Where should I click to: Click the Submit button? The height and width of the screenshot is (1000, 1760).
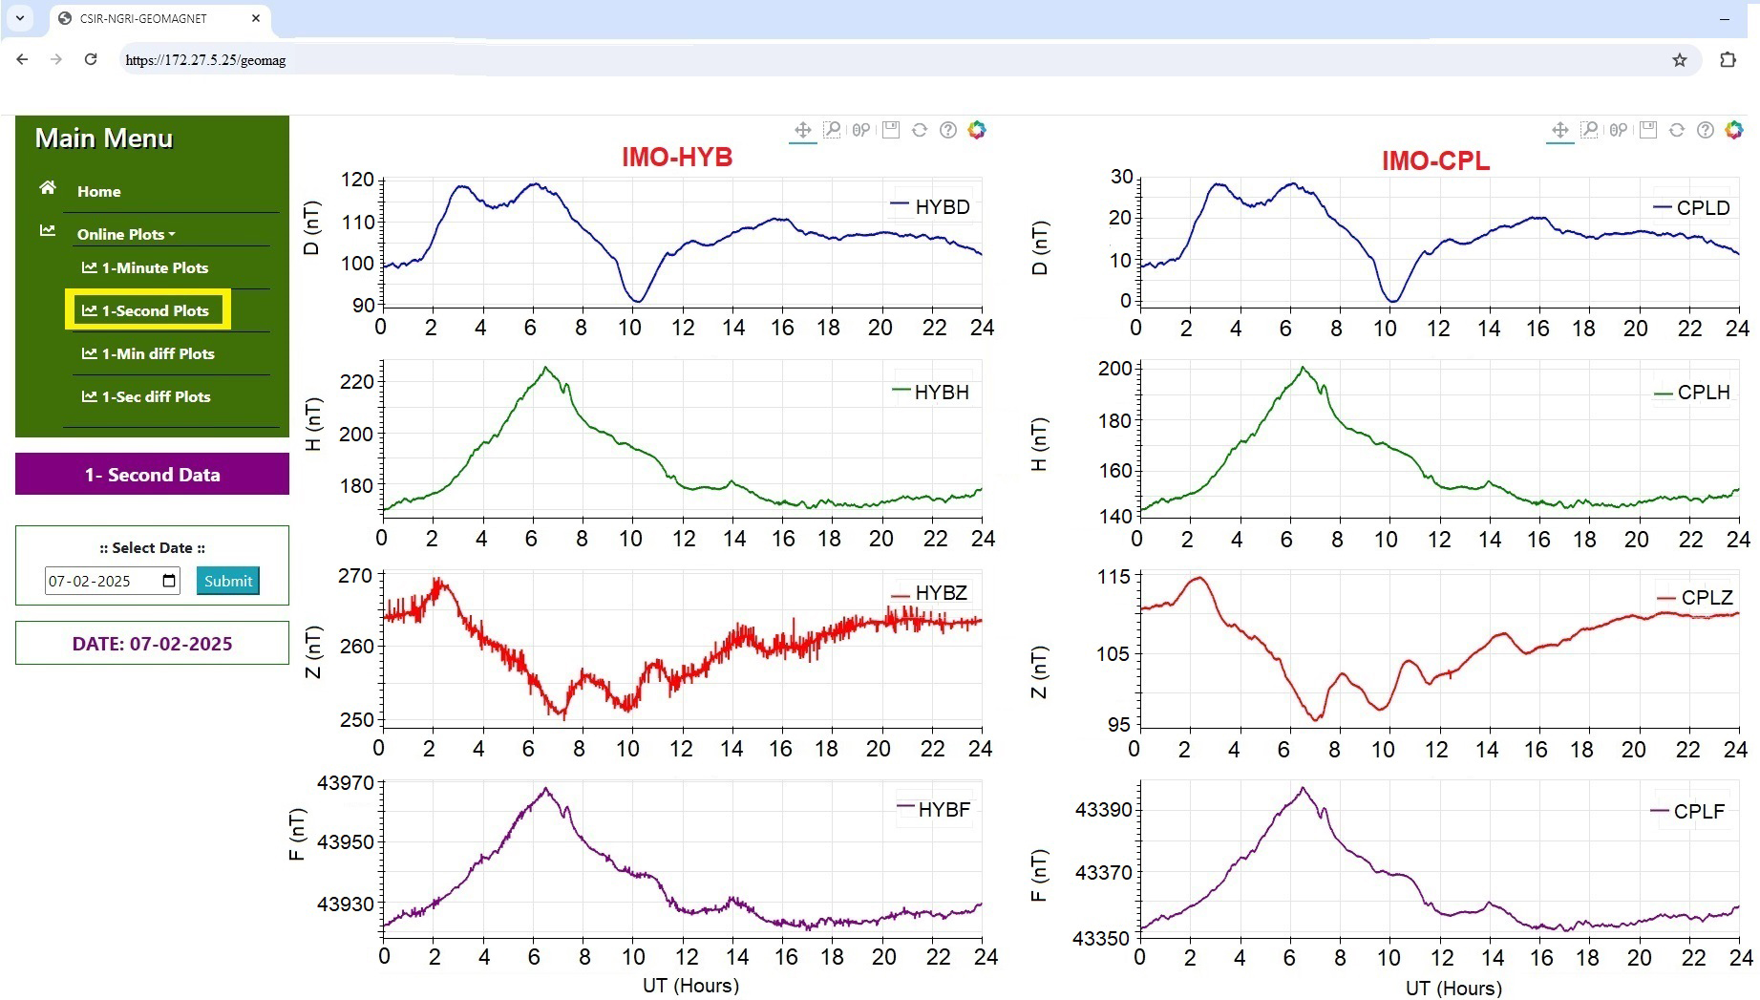coord(228,581)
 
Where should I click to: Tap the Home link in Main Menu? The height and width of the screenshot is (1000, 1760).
coord(98,191)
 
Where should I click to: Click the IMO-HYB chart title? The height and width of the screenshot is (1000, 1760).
coord(677,158)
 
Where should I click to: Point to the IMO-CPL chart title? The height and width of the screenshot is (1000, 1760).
coord(1434,161)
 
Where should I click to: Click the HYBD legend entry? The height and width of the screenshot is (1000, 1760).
coord(931,206)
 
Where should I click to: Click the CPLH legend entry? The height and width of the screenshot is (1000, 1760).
coord(1692,393)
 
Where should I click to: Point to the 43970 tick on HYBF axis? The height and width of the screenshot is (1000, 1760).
coord(345,783)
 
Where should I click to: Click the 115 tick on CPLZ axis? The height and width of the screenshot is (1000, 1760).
coord(1113,577)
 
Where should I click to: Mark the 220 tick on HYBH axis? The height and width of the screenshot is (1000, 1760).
coord(356,382)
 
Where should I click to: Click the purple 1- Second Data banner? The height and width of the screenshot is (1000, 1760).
coord(152,475)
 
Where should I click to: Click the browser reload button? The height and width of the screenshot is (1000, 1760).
coord(91,59)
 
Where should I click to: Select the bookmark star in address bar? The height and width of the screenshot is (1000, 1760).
coord(1679,60)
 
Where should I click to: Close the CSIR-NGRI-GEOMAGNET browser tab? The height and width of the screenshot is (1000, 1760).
coord(256,18)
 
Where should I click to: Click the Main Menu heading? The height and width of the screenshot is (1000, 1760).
coord(104,138)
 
